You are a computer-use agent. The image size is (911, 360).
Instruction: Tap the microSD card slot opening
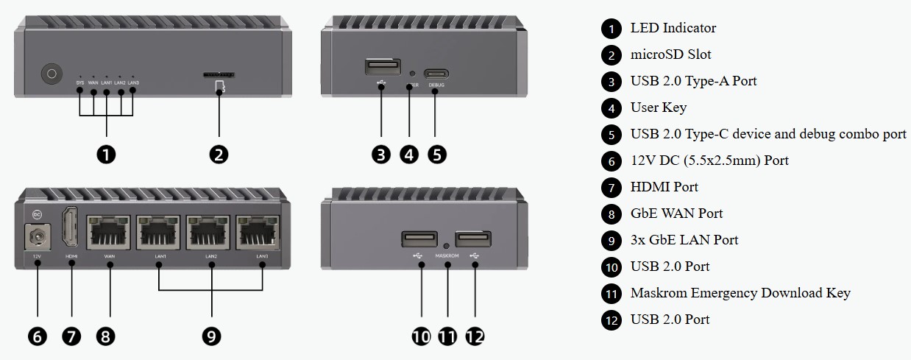(219, 74)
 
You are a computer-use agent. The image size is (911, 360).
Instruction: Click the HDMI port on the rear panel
(71, 228)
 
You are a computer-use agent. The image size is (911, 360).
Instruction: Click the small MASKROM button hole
(447, 244)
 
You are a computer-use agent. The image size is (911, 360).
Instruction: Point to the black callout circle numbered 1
(107, 154)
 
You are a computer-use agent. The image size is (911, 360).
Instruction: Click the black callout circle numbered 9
(211, 336)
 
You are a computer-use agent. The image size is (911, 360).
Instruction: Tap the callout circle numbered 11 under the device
(447, 336)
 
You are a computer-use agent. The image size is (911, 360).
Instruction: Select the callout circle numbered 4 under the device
(409, 154)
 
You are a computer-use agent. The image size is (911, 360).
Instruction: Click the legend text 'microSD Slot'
(670, 54)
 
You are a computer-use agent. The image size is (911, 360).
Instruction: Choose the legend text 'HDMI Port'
(664, 187)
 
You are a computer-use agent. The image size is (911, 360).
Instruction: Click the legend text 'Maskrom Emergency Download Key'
(740, 293)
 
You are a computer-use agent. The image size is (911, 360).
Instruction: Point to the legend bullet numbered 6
(612, 160)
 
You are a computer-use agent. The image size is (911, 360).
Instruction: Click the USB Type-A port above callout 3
(382, 67)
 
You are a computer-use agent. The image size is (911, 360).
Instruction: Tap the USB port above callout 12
(473, 239)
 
